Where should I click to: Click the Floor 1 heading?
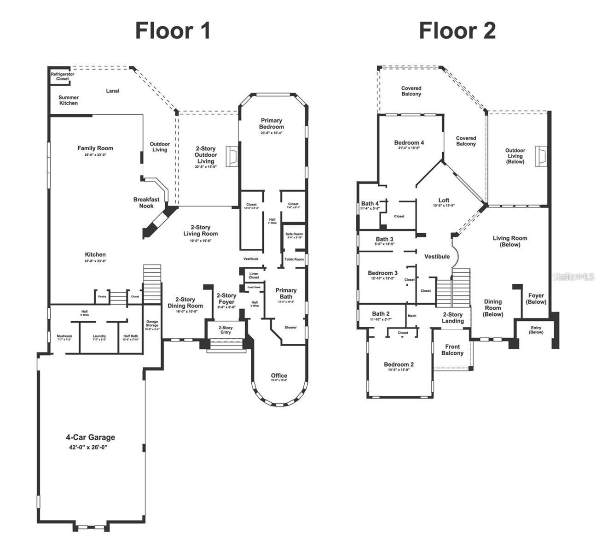pyautogui.click(x=173, y=31)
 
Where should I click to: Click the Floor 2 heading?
pyautogui.click(x=457, y=31)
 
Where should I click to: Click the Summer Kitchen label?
pyautogui.click(x=68, y=100)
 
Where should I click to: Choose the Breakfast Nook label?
pyautogui.click(x=146, y=202)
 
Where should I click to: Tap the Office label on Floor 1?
pyautogui.click(x=279, y=376)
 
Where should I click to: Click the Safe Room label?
pyautogui.click(x=294, y=234)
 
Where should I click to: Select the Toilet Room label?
pyautogui.click(x=294, y=259)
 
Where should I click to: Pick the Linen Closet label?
pyautogui.click(x=254, y=276)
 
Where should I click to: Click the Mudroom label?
pyautogui.click(x=64, y=336)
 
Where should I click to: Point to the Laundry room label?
pyautogui.click(x=99, y=336)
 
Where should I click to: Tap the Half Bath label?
pyautogui.click(x=131, y=336)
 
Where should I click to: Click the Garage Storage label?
pyautogui.click(x=152, y=324)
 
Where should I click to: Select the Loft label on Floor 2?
pyautogui.click(x=444, y=200)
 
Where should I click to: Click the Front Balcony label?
pyautogui.click(x=452, y=350)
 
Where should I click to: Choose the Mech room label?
pyautogui.click(x=412, y=316)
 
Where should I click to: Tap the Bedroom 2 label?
pyautogui.click(x=399, y=365)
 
